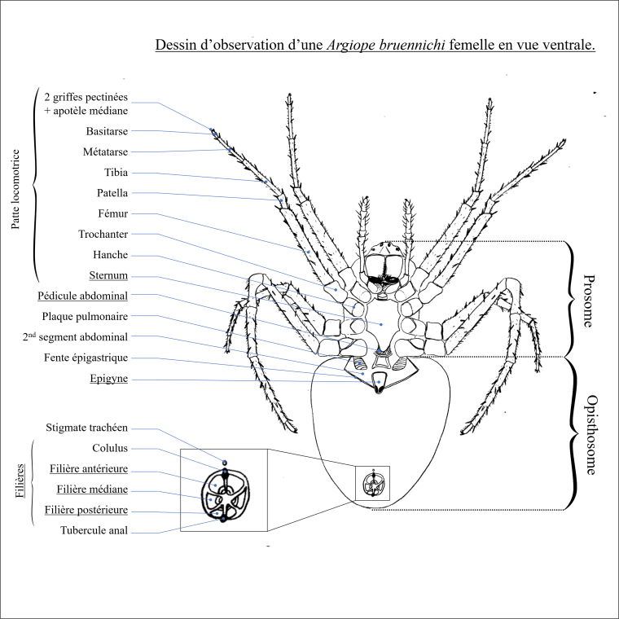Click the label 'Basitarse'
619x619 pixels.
click(107, 130)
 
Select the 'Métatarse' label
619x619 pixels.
click(105, 151)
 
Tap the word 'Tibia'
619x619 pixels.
click(116, 173)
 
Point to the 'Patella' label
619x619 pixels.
click(112, 193)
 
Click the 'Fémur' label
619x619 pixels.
click(113, 214)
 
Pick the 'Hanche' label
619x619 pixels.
click(110, 255)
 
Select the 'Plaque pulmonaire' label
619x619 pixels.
click(85, 316)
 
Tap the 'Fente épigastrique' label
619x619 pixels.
click(86, 358)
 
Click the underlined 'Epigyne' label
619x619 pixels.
click(106, 379)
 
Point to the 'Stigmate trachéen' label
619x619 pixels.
click(86, 428)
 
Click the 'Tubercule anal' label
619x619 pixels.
click(94, 531)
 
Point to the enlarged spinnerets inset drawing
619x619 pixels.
click(222, 491)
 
